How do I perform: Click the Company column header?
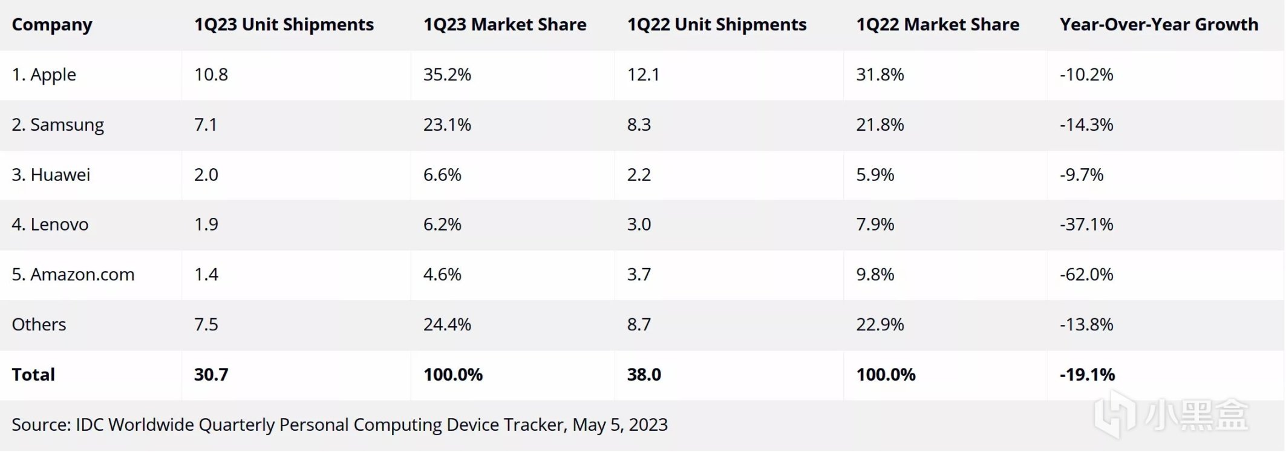pos(52,25)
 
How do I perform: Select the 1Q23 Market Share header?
pos(504,25)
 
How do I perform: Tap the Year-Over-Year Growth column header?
pos(1158,25)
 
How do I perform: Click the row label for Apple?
pos(44,75)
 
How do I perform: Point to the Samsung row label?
pos(57,125)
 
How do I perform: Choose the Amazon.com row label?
pos(73,275)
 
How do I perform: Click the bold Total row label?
pos(33,375)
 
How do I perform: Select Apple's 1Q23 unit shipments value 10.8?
pos(211,75)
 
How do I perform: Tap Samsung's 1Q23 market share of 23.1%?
pos(447,125)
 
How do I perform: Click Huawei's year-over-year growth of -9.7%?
pos(1082,175)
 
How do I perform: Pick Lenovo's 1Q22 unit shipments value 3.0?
pos(639,224)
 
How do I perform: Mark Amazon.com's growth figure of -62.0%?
pos(1086,275)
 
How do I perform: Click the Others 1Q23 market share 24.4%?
pos(447,325)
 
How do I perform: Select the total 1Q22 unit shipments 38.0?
pos(644,375)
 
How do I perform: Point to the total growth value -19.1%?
pos(1087,375)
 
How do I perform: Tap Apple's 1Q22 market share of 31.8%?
pos(880,75)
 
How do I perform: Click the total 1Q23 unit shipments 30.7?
pos(211,375)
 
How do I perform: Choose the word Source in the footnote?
pos(39,425)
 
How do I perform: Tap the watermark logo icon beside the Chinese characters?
pos(1116,414)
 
